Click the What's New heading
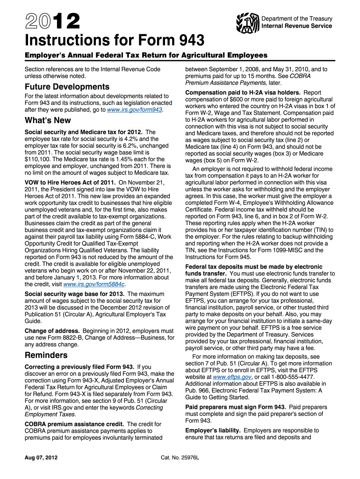coord(48,120)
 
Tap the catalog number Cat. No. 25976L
coord(180,457)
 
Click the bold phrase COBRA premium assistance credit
coord(74,424)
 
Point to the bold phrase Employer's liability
coord(213,430)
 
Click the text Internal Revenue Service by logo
coord(297,26)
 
